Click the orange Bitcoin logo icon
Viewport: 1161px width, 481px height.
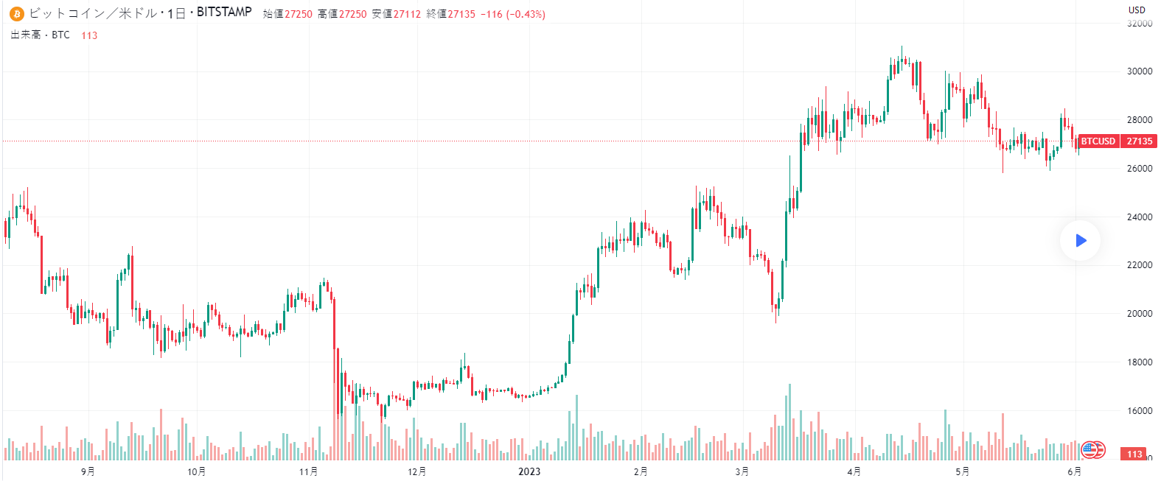pyautogui.click(x=16, y=14)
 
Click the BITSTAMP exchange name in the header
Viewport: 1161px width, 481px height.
pyautogui.click(x=224, y=13)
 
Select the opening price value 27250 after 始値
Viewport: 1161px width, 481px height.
pyautogui.click(x=299, y=14)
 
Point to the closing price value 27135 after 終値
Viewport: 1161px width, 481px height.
pyautogui.click(x=461, y=14)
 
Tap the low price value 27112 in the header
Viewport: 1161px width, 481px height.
pyautogui.click(x=407, y=14)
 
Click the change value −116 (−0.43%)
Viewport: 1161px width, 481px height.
pyautogui.click(x=513, y=14)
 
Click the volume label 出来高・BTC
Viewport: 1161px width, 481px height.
pyautogui.click(x=41, y=35)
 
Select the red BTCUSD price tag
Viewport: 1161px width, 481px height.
pyautogui.click(x=1098, y=141)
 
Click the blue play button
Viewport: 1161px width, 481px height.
pyautogui.click(x=1081, y=240)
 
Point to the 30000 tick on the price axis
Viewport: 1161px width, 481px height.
pyautogui.click(x=1140, y=71)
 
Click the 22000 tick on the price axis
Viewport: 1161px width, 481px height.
pyautogui.click(x=1140, y=265)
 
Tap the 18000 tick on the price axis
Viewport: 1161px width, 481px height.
pyautogui.click(x=1140, y=362)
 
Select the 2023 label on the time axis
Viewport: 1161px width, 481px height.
pyautogui.click(x=529, y=471)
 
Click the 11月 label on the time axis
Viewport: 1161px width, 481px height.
pyautogui.click(x=309, y=471)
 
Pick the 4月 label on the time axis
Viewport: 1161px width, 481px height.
pyautogui.click(x=854, y=471)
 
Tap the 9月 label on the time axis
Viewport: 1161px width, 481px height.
pyautogui.click(x=88, y=471)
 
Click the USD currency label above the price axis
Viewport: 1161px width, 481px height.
pyautogui.click(x=1137, y=10)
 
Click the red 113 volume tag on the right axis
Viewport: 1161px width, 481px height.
pyautogui.click(x=1134, y=454)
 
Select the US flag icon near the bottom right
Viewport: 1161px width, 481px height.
pyautogui.click(x=1089, y=449)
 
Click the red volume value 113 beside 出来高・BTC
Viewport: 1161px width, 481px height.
pyautogui.click(x=89, y=35)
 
